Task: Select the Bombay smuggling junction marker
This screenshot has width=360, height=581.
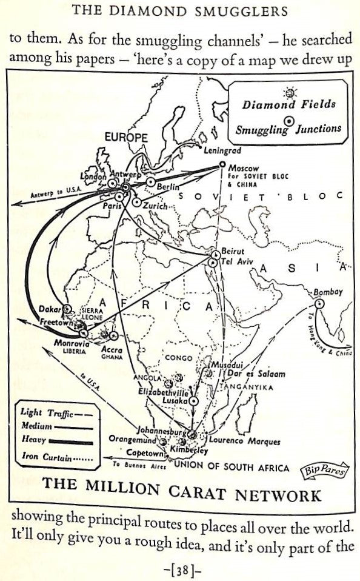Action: coord(319,303)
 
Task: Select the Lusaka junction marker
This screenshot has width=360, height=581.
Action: coord(193,401)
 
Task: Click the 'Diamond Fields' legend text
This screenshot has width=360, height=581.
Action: coord(289,104)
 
